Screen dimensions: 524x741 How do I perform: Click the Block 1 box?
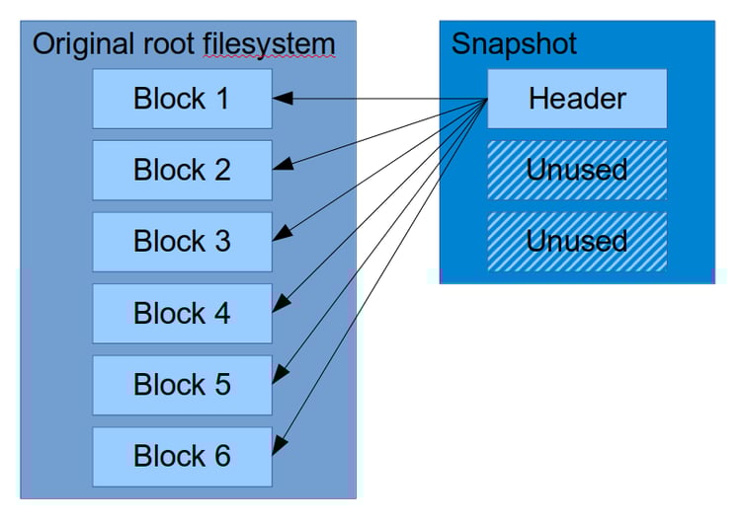point(182,99)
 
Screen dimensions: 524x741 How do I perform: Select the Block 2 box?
point(182,170)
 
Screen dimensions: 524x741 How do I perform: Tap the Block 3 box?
point(182,242)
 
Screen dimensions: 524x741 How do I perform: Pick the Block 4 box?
point(182,314)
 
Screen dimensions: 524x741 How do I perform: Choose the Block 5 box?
point(182,385)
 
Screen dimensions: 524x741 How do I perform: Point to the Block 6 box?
point(182,457)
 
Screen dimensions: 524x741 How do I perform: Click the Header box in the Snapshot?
point(577,99)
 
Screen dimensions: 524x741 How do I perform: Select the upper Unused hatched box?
point(577,170)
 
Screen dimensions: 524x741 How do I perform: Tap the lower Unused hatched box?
point(577,242)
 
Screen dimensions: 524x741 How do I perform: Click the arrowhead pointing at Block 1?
point(282,99)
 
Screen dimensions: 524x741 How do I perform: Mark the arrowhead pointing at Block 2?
point(282,164)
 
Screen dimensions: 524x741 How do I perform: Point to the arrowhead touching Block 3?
point(282,234)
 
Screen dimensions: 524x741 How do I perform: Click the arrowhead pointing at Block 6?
point(281,445)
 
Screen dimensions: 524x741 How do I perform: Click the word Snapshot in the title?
point(514,44)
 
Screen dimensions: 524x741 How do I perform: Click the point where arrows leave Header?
point(487,100)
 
